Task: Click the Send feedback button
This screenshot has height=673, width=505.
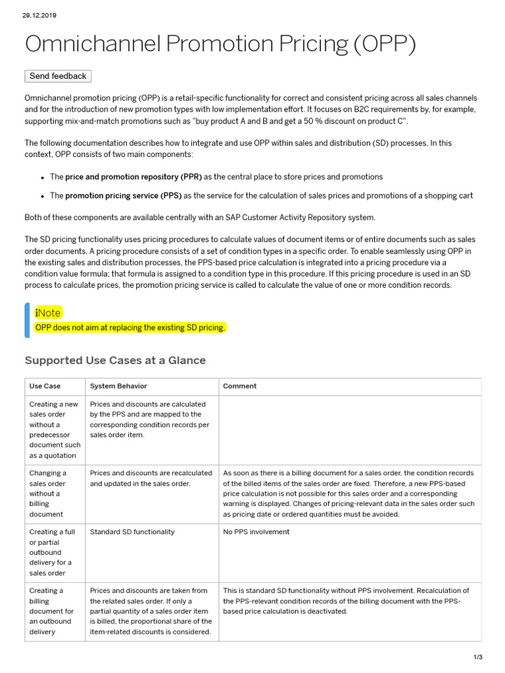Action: coord(58,76)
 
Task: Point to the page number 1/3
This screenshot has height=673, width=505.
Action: coord(478,657)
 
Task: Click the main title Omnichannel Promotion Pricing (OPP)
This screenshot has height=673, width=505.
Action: coord(220,44)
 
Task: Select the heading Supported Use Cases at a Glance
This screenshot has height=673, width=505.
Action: coord(115,360)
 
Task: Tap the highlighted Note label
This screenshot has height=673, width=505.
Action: coord(48,313)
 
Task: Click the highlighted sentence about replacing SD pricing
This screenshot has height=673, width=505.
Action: coord(130,327)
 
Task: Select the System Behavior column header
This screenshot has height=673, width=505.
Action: coord(118,386)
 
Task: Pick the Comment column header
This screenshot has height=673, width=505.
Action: coord(240,386)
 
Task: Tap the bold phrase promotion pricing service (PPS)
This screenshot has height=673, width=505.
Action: coord(123,195)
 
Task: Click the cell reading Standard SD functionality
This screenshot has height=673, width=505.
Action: coord(132,532)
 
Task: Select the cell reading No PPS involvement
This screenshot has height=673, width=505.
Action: coord(256,532)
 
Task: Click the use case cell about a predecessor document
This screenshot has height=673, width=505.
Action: coord(53,430)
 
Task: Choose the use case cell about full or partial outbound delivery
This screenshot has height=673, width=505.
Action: coord(51,552)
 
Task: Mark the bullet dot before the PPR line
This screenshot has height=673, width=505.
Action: coord(42,177)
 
